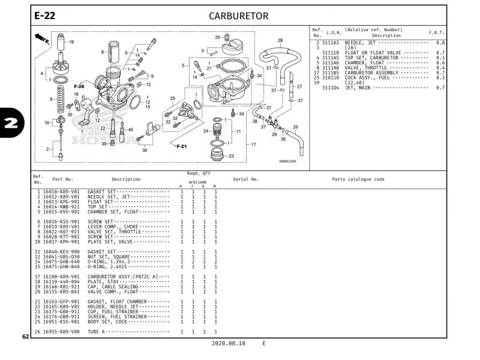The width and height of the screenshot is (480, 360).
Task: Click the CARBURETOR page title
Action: pos(238,16)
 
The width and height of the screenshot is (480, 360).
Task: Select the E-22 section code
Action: pos(45,16)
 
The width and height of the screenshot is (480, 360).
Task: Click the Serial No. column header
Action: pos(245,179)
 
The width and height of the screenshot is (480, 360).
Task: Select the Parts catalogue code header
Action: pos(358,179)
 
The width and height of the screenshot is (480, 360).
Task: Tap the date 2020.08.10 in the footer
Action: pos(229,344)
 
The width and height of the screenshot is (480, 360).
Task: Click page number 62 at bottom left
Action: pos(26,337)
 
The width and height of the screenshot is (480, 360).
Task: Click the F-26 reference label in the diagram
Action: pos(79,86)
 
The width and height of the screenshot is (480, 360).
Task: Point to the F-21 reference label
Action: pos(182,146)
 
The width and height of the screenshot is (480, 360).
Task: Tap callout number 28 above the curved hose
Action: pos(280,41)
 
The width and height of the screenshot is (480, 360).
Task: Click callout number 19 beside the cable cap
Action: pos(71,42)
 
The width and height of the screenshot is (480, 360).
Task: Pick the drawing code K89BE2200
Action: pos(287,161)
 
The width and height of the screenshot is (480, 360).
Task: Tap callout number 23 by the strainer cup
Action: pos(231,155)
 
